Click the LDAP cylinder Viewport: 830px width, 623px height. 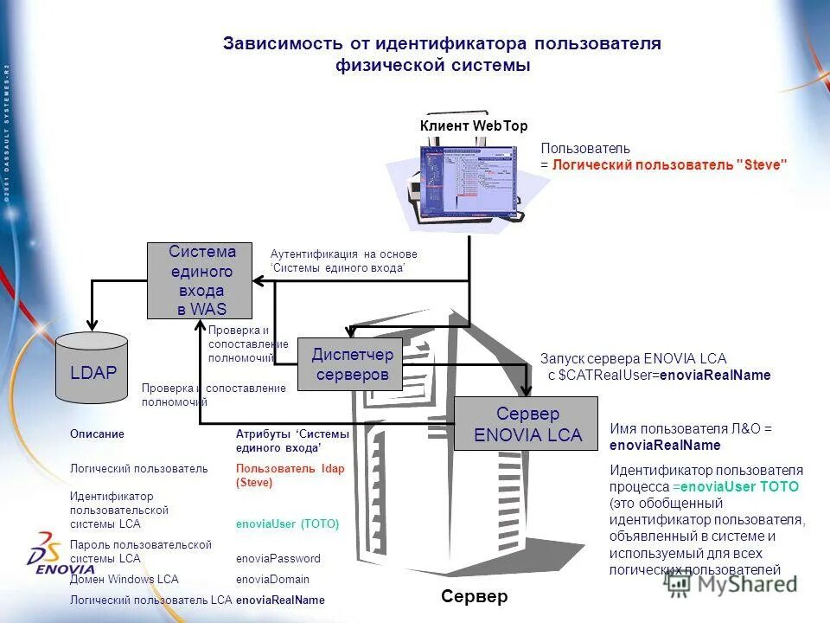tap(92, 369)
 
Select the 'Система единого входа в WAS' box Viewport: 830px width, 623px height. tap(201, 280)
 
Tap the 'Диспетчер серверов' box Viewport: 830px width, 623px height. tap(352, 364)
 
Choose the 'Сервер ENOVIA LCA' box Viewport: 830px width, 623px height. tap(527, 424)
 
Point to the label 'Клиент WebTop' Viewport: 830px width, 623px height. tap(473, 126)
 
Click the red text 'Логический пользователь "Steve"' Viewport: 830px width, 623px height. tap(670, 164)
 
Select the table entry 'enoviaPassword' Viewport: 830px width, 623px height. tap(278, 558)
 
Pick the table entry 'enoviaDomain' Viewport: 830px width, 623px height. tap(272, 579)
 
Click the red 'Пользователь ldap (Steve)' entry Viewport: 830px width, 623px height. tap(290, 475)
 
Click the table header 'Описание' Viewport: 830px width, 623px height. tap(97, 434)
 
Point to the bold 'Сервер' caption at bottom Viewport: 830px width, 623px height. tap(474, 597)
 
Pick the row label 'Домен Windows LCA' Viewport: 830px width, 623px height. tap(112, 579)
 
